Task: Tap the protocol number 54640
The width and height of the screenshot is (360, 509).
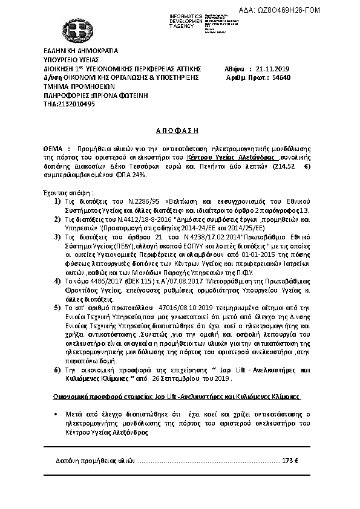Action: tap(282, 78)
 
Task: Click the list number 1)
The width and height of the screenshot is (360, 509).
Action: tap(57, 200)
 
